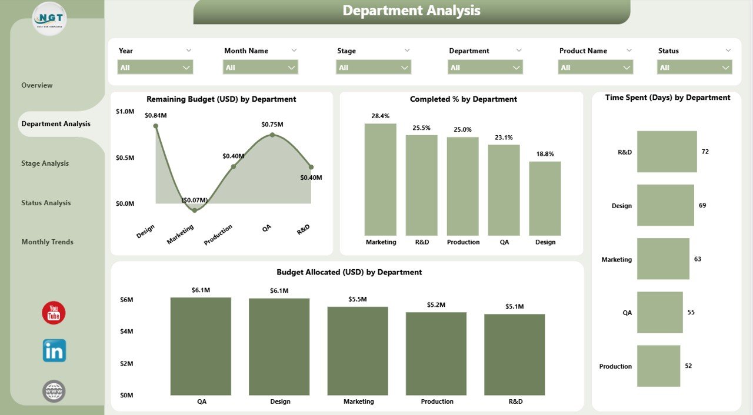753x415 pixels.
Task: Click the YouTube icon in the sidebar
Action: (54, 313)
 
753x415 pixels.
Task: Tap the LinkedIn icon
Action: (54, 350)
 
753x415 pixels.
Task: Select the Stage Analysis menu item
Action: (45, 163)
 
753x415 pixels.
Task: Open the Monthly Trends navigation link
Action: (48, 242)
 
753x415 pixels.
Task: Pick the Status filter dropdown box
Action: (694, 68)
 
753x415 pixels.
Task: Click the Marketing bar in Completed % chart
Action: (381, 179)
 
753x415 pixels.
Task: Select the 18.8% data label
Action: (545, 154)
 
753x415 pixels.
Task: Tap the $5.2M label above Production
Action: (437, 305)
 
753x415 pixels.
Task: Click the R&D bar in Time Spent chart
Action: (667, 152)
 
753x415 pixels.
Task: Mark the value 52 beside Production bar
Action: (688, 366)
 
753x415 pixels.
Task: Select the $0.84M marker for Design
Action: (155, 126)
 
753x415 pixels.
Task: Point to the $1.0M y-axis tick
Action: (125, 111)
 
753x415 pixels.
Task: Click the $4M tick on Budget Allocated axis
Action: (127, 332)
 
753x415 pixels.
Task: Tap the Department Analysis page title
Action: (411, 11)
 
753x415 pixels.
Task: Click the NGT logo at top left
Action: (49, 18)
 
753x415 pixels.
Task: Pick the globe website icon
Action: (54, 391)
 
